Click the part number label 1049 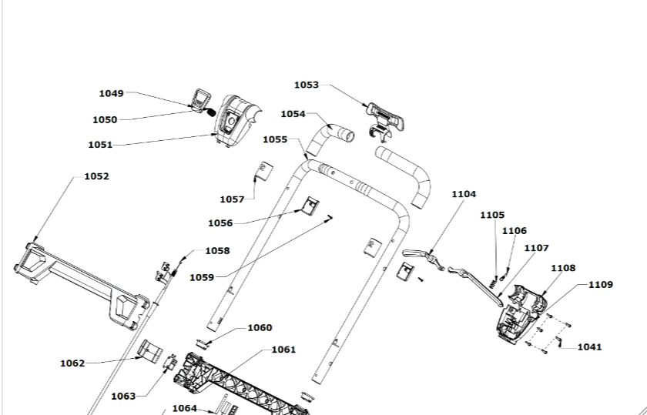pos(111,93)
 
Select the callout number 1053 pos(306,85)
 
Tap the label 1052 pos(96,176)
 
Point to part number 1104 pos(464,194)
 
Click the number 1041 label pos(589,346)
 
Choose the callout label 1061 pos(283,349)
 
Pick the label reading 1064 pos(184,407)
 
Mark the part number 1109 pos(601,284)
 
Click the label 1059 pos(201,276)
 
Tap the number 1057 pos(232,199)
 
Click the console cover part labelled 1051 pos(236,119)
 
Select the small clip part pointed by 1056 pos(310,206)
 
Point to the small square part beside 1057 pos(264,169)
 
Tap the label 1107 pos(536,248)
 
